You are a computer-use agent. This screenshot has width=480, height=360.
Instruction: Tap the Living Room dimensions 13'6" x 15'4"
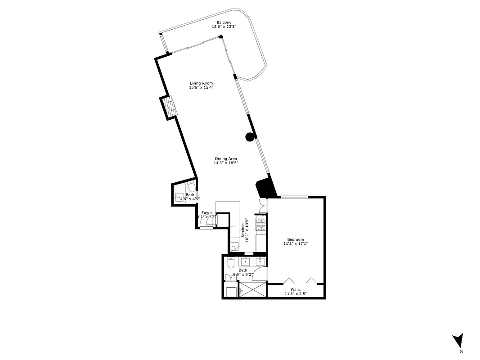pyautogui.click(x=201, y=88)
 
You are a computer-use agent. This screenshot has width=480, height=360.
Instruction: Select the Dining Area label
pyautogui.click(x=226, y=158)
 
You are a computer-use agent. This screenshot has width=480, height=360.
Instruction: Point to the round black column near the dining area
pyautogui.click(x=249, y=138)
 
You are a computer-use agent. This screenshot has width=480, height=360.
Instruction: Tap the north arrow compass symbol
pyautogui.click(x=458, y=341)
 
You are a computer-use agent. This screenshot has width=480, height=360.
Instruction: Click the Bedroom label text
pyautogui.click(x=296, y=239)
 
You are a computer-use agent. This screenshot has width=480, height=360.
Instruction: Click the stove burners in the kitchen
pyautogui.click(x=260, y=224)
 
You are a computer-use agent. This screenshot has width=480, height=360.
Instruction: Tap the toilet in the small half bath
pyautogui.click(x=191, y=187)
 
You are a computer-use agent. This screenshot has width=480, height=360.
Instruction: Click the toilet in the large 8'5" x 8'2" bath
pyautogui.click(x=230, y=262)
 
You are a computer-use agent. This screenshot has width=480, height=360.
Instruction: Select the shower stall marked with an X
pyautogui.click(x=253, y=290)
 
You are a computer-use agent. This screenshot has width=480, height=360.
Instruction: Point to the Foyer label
pyautogui.click(x=206, y=213)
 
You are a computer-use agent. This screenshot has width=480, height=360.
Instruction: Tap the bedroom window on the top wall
pyautogui.click(x=295, y=197)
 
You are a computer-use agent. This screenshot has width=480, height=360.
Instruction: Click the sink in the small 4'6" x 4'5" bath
pyautogui.click(x=179, y=197)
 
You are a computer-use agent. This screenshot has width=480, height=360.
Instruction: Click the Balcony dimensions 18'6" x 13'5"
pyautogui.click(x=224, y=27)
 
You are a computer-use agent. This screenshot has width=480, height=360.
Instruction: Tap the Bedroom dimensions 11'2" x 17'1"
pyautogui.click(x=296, y=244)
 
